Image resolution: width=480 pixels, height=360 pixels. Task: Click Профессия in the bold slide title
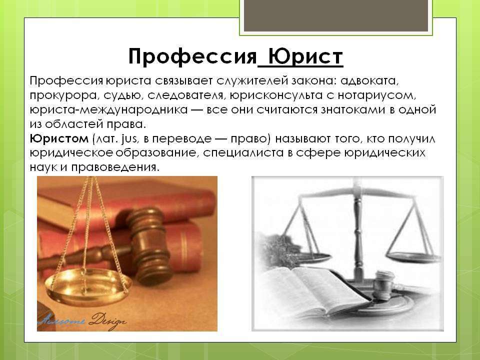[x=192, y=56]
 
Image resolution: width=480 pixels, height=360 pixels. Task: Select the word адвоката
[x=370, y=81]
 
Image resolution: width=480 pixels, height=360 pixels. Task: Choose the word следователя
[x=186, y=95]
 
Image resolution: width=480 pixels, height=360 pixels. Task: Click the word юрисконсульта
[x=276, y=95]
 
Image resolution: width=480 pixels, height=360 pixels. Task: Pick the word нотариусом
[x=377, y=95]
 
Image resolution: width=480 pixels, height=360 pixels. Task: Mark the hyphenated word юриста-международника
[x=108, y=110]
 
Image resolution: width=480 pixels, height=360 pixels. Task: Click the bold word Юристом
[x=59, y=139]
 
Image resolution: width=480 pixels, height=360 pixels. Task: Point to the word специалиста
[x=243, y=153]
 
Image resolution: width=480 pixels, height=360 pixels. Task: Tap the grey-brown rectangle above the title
[x=336, y=15]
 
